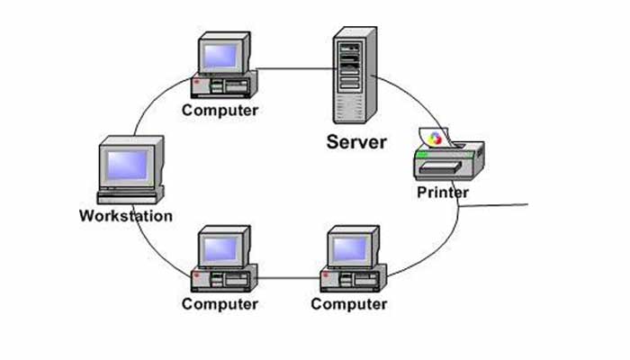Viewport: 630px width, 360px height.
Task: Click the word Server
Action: click(356, 141)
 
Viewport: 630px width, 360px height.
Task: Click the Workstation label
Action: click(126, 216)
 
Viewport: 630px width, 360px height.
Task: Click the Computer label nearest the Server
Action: click(220, 110)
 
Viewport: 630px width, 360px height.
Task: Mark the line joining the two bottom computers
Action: click(288, 276)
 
